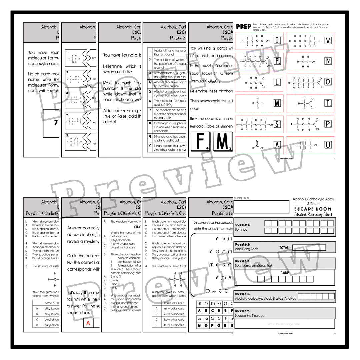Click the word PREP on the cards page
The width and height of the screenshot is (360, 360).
243,27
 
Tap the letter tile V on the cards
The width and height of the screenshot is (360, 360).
328,41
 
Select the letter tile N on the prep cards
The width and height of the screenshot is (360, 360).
328,61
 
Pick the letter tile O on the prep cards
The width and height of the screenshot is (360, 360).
328,82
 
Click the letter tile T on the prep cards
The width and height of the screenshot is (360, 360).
328,103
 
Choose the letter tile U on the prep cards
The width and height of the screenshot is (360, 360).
328,145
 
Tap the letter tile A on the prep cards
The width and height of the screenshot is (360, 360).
277,145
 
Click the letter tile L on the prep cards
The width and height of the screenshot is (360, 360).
277,82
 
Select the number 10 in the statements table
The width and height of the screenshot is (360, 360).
150,146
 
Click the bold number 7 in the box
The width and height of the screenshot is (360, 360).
56,123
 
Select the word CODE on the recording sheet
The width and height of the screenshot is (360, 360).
284,273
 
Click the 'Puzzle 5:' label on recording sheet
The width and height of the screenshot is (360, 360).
243,311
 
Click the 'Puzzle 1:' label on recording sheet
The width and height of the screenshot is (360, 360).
242,225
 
